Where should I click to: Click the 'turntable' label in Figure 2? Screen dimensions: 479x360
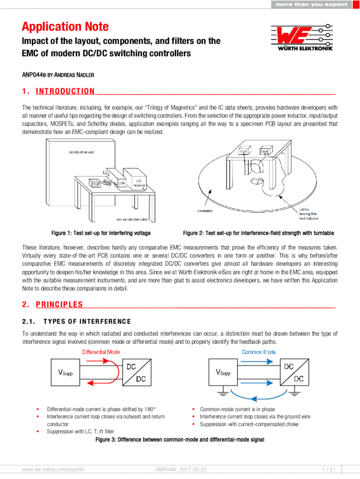(205, 211)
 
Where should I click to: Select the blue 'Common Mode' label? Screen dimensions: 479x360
(259, 352)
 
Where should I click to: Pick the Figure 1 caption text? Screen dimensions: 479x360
(101, 233)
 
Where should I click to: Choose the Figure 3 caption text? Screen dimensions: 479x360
(180, 440)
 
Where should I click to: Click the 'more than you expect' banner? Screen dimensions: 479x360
(311, 4)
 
